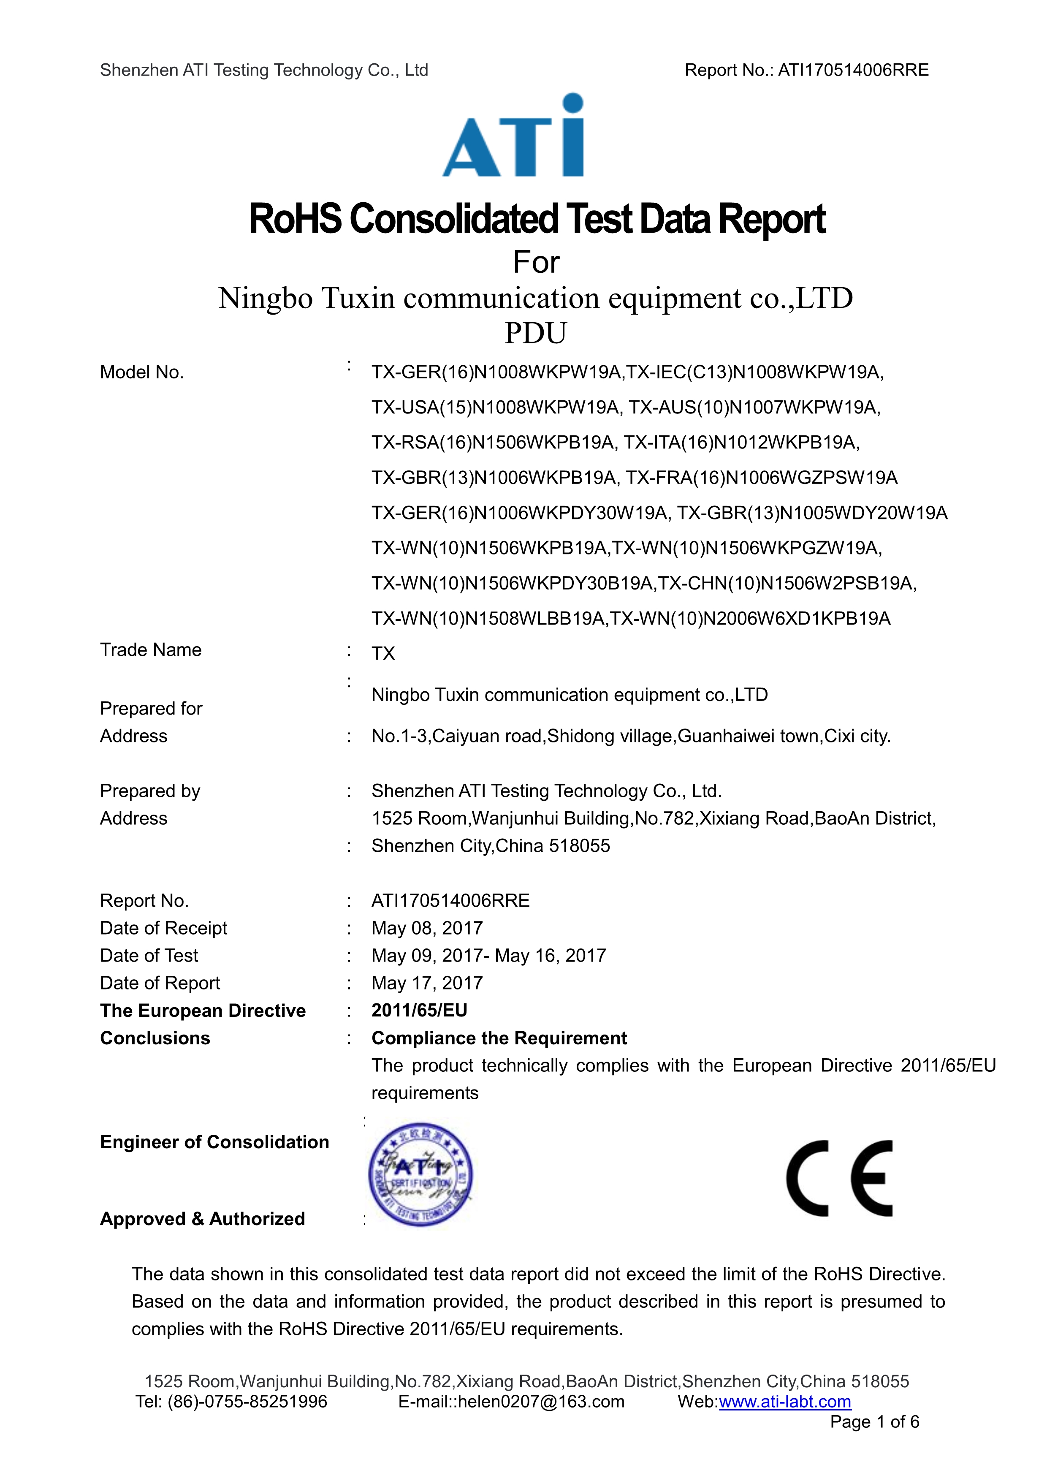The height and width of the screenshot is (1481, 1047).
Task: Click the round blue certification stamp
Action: click(x=420, y=1174)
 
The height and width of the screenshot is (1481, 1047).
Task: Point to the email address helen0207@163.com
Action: click(x=541, y=1401)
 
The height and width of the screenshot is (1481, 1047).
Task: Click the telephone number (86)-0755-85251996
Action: click(x=247, y=1401)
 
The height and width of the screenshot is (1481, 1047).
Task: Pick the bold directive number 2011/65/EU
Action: click(x=419, y=1010)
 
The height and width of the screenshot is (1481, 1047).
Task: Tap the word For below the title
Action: click(x=536, y=263)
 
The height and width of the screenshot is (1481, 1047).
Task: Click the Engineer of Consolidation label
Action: click(x=214, y=1142)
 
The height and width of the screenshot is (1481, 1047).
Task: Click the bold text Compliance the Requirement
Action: click(x=499, y=1038)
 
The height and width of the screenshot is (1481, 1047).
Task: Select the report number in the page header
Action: click(x=853, y=70)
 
